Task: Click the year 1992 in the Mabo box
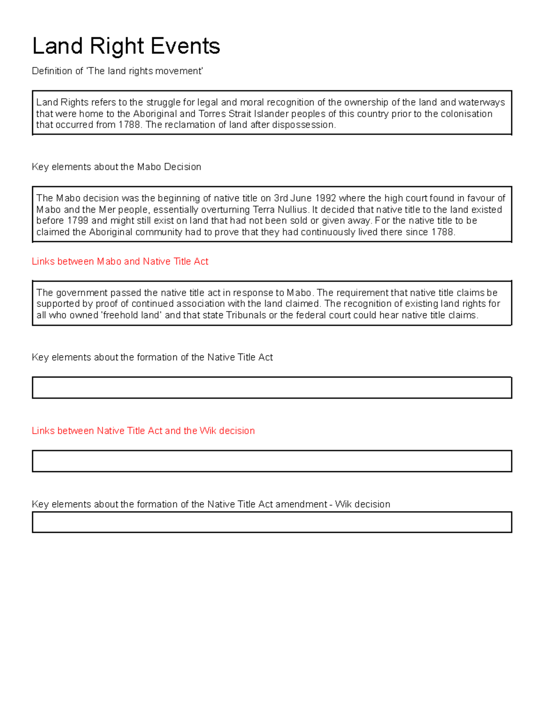(x=325, y=198)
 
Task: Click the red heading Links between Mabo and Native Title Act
(x=120, y=262)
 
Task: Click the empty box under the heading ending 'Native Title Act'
(x=271, y=388)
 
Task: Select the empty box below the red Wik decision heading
(x=271, y=461)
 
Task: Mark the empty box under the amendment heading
(x=271, y=522)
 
